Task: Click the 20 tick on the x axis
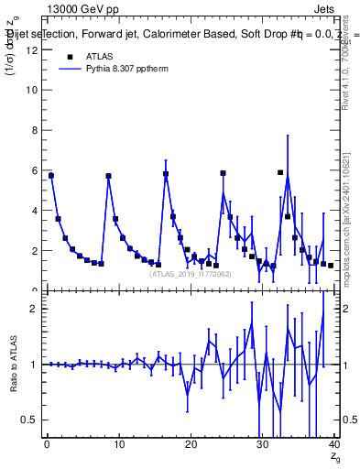191,445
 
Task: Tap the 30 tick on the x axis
262,445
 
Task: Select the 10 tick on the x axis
118,445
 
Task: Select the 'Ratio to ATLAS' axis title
14,365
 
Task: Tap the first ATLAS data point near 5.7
51,175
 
